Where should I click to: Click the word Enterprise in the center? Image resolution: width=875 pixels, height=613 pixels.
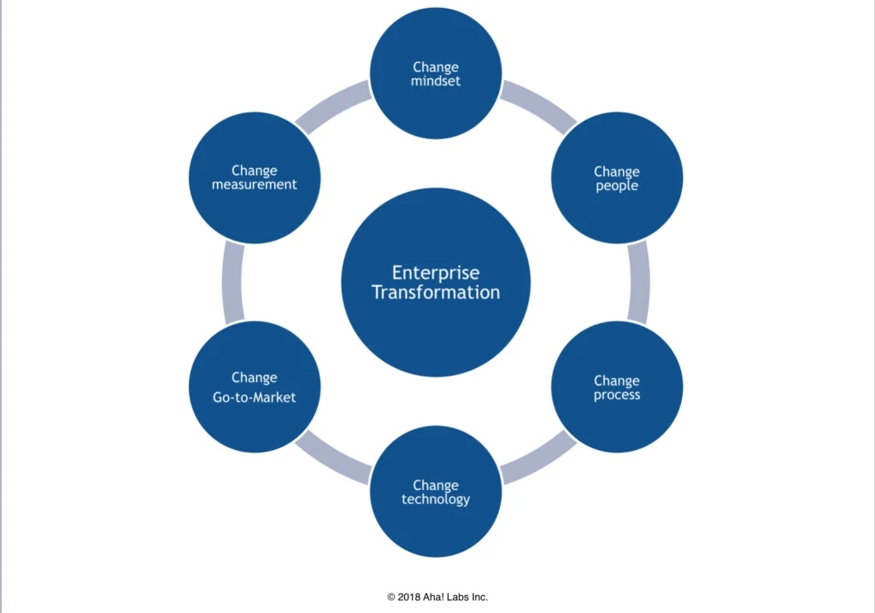point(436,273)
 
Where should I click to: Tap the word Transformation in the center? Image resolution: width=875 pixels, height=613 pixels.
point(436,292)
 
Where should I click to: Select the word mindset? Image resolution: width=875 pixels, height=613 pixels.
point(436,81)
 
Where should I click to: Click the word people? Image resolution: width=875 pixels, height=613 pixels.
point(617,185)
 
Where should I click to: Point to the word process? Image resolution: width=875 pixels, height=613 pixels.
point(617,395)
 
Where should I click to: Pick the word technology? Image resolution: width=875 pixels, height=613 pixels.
point(436,499)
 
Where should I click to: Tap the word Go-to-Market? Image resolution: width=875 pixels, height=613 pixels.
point(255,397)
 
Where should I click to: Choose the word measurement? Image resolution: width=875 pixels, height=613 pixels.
point(255,184)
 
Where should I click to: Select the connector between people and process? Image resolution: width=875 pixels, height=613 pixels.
point(638,283)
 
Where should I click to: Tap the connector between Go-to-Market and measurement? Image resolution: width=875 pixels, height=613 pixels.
point(232,283)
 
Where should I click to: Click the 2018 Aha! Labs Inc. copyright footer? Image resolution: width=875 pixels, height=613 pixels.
point(437,598)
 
